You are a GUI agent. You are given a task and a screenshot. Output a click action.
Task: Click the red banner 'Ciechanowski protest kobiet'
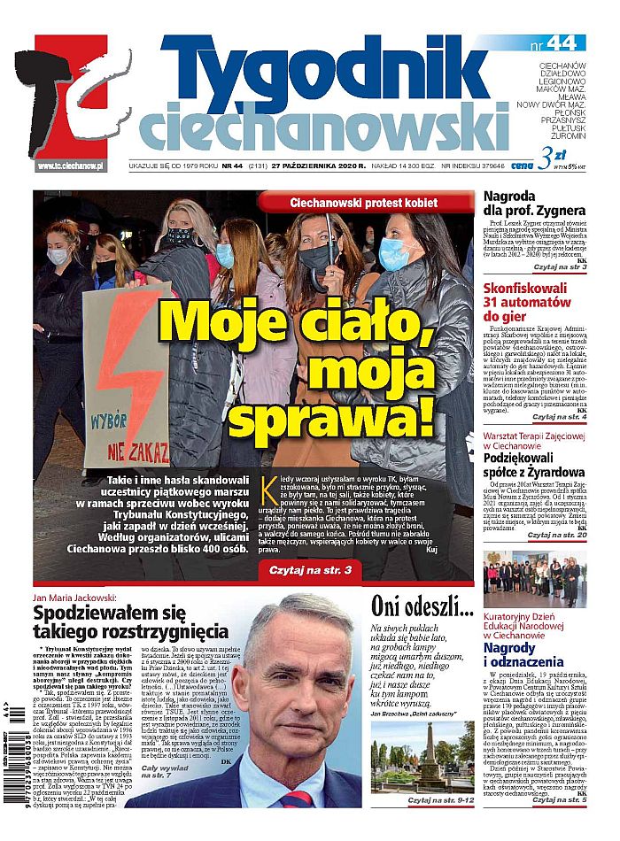click(364, 203)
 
